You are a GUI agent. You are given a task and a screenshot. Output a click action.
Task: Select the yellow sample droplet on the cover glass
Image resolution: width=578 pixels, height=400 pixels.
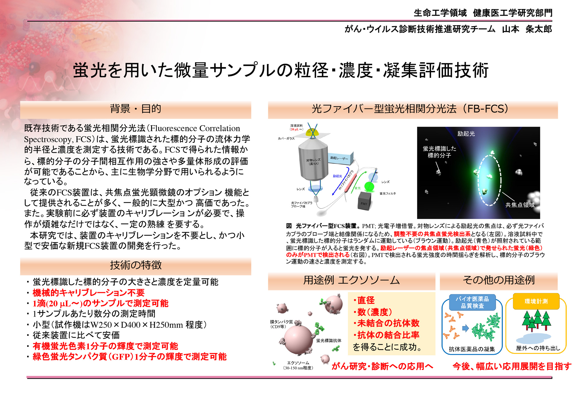tap(312, 132)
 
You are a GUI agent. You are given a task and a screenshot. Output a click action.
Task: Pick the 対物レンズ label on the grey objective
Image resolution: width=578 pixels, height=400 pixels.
tap(313, 162)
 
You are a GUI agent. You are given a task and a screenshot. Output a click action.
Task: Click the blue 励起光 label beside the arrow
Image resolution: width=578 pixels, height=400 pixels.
tap(337, 176)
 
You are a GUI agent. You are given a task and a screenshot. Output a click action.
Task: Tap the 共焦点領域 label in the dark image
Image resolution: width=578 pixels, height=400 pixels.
tap(520, 205)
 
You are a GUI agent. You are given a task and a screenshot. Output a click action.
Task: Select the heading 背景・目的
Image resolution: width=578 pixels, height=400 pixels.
tap(135, 109)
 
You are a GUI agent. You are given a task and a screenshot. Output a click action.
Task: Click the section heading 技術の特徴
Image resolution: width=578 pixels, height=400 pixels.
tap(136, 265)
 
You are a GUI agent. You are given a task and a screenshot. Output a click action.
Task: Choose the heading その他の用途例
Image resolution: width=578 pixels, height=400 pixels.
tap(499, 280)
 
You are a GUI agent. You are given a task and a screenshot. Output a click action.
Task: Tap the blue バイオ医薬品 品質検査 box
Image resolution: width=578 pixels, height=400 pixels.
tap(472, 302)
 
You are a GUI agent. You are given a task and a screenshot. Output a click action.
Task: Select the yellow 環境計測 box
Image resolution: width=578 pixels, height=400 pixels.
tap(536, 301)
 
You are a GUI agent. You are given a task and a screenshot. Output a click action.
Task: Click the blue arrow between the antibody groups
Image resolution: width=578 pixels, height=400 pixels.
tap(466, 328)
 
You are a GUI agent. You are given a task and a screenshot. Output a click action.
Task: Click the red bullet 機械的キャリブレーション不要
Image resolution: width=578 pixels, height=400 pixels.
tap(89, 293)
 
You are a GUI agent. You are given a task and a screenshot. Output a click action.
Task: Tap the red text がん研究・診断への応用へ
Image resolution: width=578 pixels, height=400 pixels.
tap(382, 366)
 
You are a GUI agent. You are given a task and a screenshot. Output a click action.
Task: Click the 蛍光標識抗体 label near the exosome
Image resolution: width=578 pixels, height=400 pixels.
tap(329, 340)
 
